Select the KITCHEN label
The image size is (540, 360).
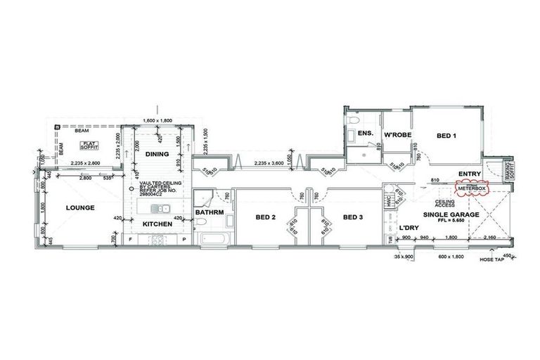tap(157, 224)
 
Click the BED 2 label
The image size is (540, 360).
tap(264, 217)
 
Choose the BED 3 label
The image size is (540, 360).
tap(353, 217)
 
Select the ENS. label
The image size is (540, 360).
tap(365, 133)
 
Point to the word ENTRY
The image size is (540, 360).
tap(468, 174)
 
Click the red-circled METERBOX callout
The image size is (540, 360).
tap(472, 188)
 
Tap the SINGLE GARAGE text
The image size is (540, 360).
tap(451, 214)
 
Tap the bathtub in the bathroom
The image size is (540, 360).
tap(216, 238)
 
